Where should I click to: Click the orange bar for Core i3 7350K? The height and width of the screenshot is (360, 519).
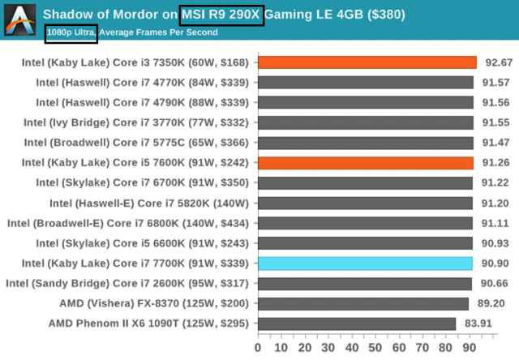367,62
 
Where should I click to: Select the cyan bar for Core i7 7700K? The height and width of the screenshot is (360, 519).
365,264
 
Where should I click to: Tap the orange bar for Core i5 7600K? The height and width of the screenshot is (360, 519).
365,163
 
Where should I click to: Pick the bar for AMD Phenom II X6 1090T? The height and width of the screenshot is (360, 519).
357,324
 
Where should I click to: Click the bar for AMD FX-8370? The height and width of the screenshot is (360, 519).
363,303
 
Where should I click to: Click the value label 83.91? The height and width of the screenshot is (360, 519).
495,324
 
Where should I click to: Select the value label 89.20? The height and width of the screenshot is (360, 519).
495,303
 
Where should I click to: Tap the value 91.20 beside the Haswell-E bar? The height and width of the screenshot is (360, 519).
495,204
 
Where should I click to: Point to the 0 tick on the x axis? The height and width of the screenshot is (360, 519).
258,346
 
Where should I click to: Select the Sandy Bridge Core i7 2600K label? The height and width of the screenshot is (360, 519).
130,284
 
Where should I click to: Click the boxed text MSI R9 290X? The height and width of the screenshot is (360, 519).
221,14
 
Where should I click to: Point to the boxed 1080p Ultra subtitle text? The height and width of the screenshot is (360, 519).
71,32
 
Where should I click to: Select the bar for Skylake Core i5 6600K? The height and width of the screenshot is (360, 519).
365,243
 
